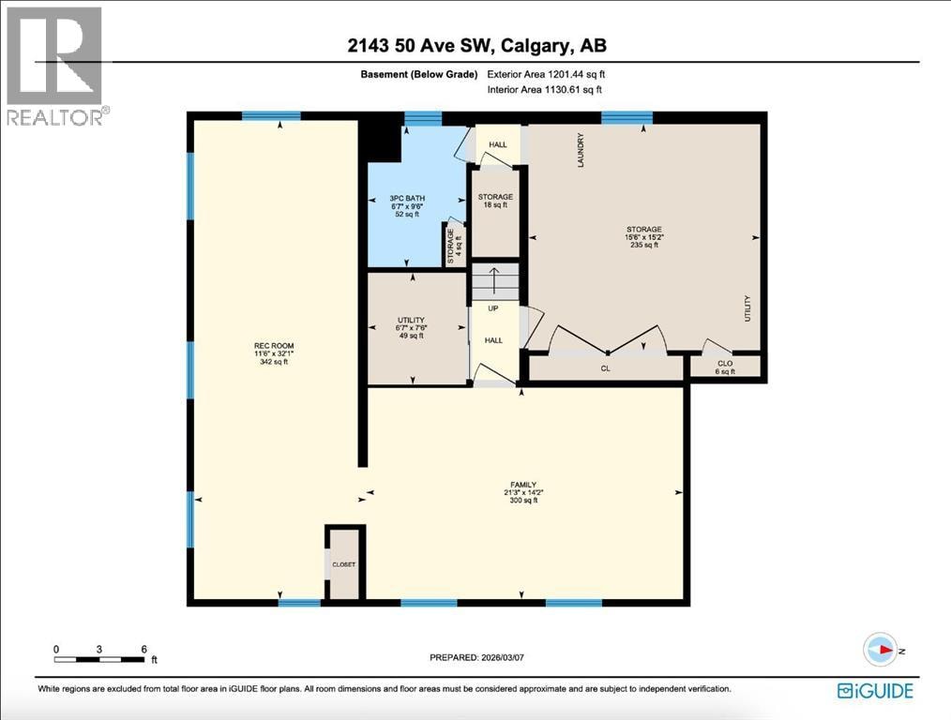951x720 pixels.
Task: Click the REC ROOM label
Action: (x=274, y=354)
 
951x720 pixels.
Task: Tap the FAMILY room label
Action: (x=523, y=492)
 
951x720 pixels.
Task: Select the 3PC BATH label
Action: (x=407, y=206)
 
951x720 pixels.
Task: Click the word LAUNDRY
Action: (x=581, y=150)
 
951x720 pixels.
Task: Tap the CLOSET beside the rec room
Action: (x=344, y=564)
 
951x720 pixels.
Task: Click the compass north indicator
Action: (x=881, y=650)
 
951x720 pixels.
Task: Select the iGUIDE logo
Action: (x=875, y=690)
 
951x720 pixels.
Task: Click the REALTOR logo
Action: (x=54, y=66)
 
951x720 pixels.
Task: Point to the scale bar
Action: (x=99, y=659)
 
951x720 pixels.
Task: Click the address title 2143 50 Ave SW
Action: (x=476, y=45)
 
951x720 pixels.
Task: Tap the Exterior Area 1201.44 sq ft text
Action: (x=546, y=75)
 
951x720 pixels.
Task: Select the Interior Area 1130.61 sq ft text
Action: (x=545, y=90)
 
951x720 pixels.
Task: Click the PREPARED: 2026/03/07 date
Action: (x=476, y=657)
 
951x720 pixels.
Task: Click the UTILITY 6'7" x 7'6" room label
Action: (x=411, y=328)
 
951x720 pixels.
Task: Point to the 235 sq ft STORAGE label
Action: (x=644, y=237)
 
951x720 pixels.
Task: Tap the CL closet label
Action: (x=605, y=368)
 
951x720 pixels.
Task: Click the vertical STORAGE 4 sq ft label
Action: (x=454, y=247)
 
